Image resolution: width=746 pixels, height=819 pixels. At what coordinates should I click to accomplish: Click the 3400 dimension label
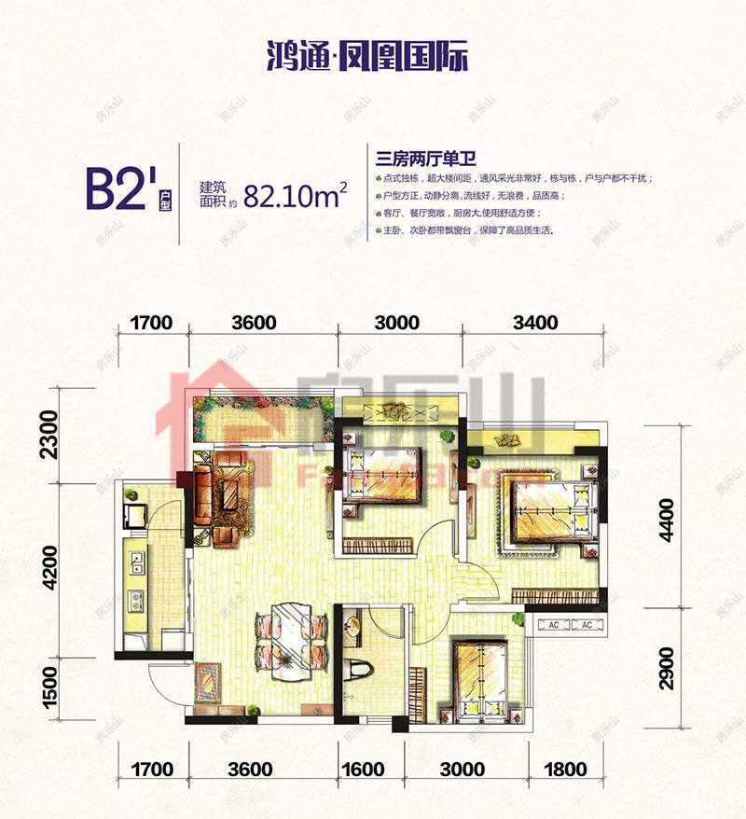pos(534,324)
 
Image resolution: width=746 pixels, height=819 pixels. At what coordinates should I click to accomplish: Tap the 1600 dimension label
pos(363,770)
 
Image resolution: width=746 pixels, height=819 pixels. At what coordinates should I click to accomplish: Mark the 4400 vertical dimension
pos(665,520)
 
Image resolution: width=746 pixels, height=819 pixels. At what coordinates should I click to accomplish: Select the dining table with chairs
pos(291,634)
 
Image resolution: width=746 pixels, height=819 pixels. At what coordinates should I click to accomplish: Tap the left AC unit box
pos(551,625)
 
